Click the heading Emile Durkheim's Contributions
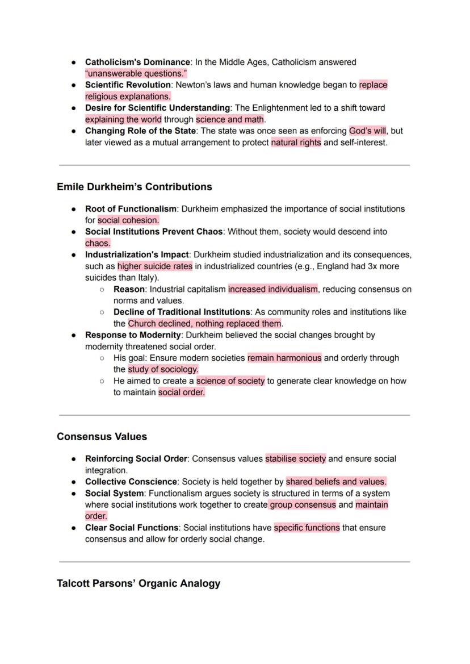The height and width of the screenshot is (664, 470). pyautogui.click(x=134, y=187)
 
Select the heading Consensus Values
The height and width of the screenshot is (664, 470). pyautogui.click(x=102, y=437)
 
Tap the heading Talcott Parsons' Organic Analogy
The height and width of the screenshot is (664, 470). pyautogui.click(x=139, y=583)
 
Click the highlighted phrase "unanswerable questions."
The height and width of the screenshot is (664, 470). pyautogui.click(x=136, y=74)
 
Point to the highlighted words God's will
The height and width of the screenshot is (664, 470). pyautogui.click(x=367, y=131)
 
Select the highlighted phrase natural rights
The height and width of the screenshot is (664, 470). pyautogui.click(x=296, y=143)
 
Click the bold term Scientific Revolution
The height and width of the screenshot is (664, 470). pyautogui.click(x=128, y=85)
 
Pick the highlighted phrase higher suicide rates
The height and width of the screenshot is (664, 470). pyautogui.click(x=155, y=266)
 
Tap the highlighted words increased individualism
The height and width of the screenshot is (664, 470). pyautogui.click(x=273, y=289)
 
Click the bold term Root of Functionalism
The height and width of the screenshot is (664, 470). pyautogui.click(x=131, y=209)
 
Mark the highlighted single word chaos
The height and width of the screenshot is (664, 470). pyautogui.click(x=98, y=244)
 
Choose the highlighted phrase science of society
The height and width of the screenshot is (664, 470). pyautogui.click(x=230, y=381)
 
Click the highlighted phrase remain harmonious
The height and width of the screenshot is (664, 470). pyautogui.click(x=284, y=358)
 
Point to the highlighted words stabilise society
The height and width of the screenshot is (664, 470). pyautogui.click(x=295, y=458)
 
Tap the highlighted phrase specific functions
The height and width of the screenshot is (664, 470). pyautogui.click(x=307, y=528)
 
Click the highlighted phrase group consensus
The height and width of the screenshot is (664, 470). pyautogui.click(x=303, y=504)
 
